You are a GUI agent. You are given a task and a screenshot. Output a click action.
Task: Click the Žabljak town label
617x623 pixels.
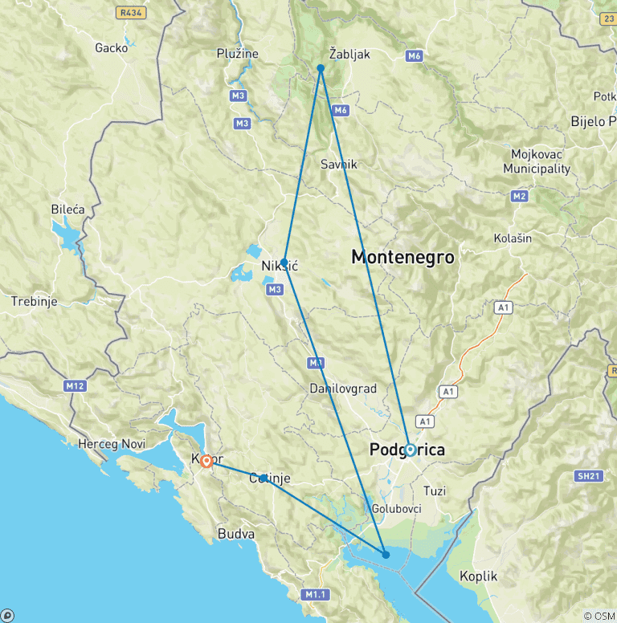coord(349,54)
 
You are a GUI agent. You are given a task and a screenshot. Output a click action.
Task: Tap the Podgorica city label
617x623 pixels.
coord(407,450)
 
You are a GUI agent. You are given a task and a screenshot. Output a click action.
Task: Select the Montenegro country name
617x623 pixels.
coord(402,258)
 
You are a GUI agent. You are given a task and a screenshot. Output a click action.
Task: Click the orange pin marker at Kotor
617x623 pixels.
coord(206,461)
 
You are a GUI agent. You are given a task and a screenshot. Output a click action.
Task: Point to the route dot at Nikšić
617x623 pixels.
coord(284,262)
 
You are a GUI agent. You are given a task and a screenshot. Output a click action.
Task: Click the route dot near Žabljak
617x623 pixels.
coord(321,68)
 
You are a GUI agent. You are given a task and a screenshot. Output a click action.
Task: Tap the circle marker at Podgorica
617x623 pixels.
coord(410,450)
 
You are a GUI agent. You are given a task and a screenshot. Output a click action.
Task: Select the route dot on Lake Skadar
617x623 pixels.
coord(386,555)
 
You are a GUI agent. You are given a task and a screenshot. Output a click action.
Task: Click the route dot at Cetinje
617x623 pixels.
coord(264,478)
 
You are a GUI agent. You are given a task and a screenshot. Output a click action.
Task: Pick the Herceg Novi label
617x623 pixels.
coord(110,443)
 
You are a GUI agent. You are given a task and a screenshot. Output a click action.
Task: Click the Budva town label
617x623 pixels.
coord(236,533)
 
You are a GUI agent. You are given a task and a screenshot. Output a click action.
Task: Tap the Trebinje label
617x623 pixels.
coord(34,302)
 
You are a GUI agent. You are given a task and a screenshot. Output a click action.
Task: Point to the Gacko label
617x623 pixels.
coord(111,47)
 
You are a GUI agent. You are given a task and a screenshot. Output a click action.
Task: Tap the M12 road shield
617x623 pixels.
coord(75,386)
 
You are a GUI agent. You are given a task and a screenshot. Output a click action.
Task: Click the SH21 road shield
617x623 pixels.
coord(588,476)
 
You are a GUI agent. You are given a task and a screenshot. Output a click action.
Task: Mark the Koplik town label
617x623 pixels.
coord(478,576)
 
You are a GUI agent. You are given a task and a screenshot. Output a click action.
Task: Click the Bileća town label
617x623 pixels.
coord(67,209)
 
